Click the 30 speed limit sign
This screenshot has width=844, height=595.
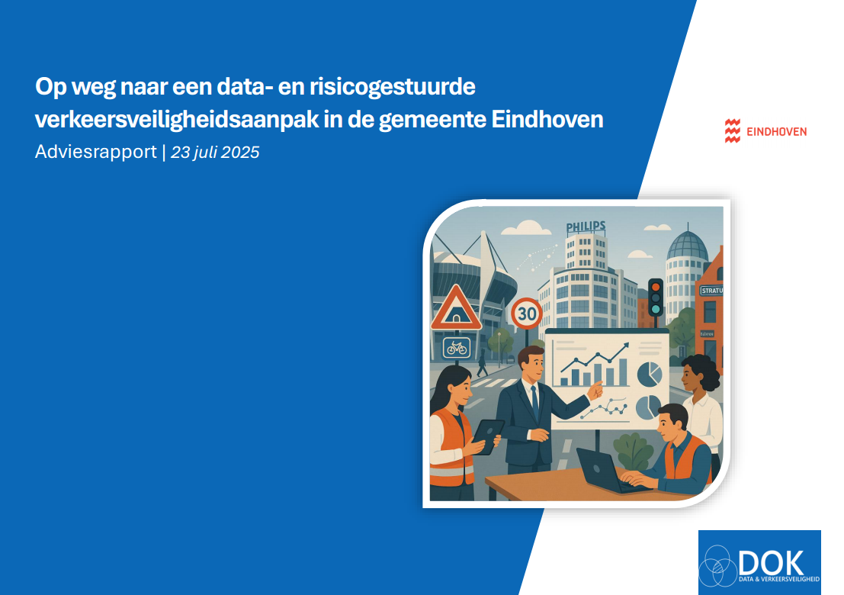[x=526, y=313]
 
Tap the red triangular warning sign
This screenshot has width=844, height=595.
[x=456, y=308]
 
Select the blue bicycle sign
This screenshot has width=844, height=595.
[x=455, y=349]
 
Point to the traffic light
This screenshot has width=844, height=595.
[x=655, y=297]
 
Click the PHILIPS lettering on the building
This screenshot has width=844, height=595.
[x=586, y=227]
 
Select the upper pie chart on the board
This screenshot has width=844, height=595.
[x=649, y=374]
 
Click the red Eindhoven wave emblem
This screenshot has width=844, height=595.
[x=732, y=131]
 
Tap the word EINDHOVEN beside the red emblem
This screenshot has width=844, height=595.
[x=775, y=131]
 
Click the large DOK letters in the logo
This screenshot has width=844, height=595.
[x=771, y=563]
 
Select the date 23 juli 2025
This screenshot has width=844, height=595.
[x=215, y=152]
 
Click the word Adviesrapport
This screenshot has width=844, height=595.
[x=96, y=152]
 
